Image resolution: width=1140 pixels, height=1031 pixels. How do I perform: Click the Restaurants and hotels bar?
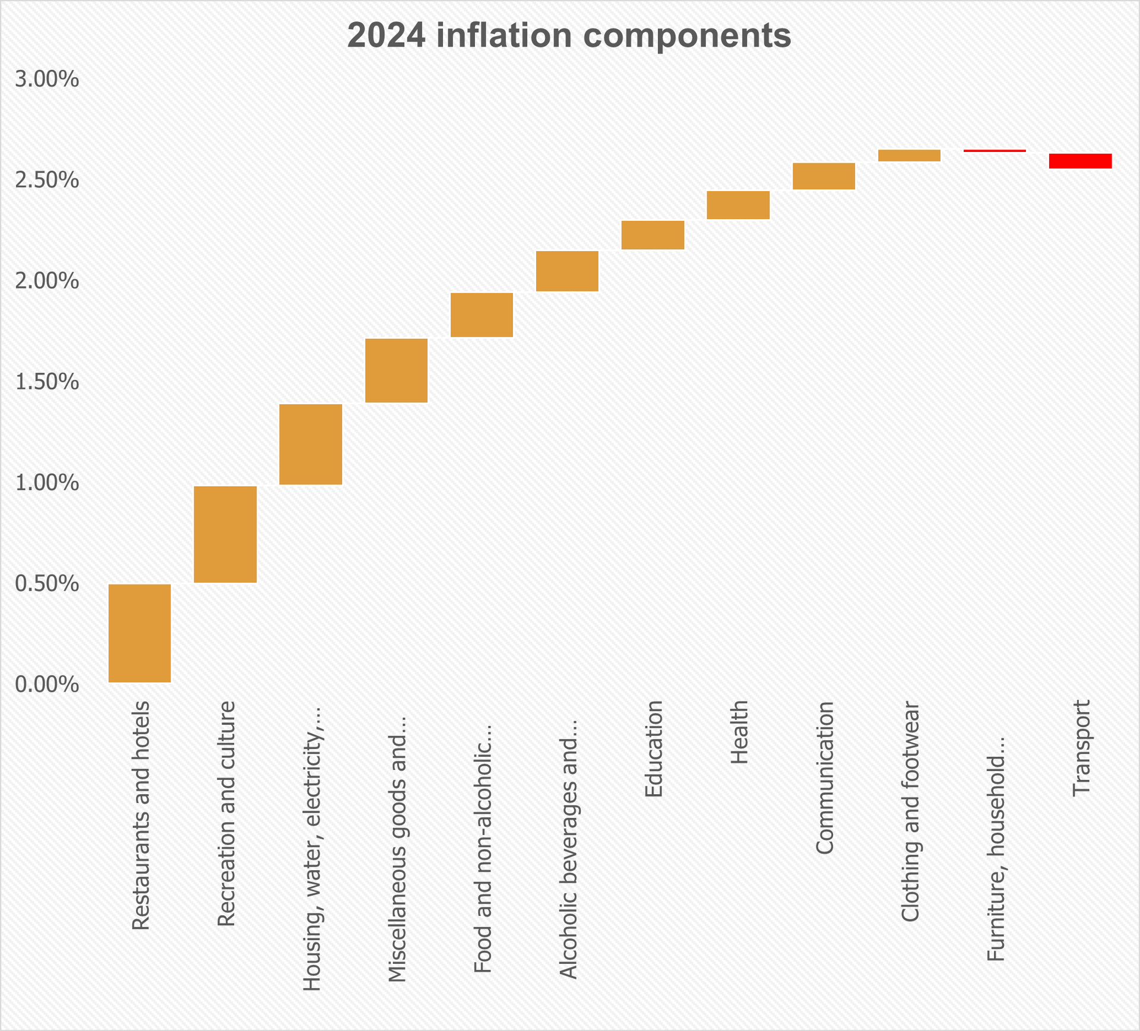pos(140,633)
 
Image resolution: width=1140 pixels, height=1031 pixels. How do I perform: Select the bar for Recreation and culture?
pos(225,534)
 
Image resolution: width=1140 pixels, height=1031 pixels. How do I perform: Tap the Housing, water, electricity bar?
pos(311,445)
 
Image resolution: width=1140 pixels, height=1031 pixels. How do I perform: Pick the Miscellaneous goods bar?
pos(396,370)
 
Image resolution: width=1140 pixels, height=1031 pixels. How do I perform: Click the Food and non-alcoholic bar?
pos(482,315)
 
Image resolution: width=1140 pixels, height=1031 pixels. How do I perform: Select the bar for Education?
pos(653,235)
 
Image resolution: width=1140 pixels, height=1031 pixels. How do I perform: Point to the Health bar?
pos(738,205)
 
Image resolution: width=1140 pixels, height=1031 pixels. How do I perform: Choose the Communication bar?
pos(824,176)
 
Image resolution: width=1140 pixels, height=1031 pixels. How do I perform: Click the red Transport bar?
pos(1080,161)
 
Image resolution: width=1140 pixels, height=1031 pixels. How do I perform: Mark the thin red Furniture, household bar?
pos(995,151)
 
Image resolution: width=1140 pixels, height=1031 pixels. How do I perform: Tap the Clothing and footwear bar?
pos(909,156)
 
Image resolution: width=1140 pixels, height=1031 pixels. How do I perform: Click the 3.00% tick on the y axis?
pos(47,80)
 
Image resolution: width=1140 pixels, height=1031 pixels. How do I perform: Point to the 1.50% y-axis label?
pos(47,382)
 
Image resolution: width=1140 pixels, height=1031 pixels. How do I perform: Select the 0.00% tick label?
pos(47,685)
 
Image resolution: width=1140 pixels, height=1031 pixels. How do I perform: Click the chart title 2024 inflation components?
pos(569,36)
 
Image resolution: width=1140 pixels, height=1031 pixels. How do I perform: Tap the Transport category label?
pos(1081,748)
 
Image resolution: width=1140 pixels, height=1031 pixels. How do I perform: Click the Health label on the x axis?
pos(739,732)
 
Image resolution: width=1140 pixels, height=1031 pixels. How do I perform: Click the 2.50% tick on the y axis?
pos(47,180)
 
